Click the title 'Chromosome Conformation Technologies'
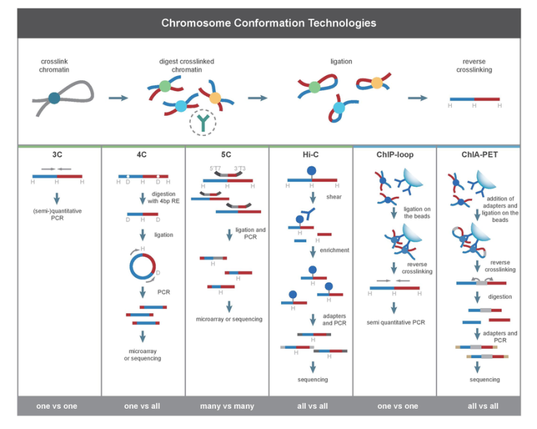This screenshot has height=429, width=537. coord(268,22)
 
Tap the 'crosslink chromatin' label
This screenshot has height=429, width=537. coord(55,66)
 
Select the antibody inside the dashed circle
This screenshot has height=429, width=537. coord(202,123)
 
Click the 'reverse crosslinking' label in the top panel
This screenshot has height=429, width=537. coord(475,66)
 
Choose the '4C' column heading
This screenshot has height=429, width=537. coord(143,155)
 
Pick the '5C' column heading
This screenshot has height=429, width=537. coord(227,155)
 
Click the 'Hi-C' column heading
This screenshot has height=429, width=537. coord(311,155)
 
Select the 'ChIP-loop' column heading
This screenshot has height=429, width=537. coord(395,155)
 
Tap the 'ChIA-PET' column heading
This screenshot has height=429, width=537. coord(478,155)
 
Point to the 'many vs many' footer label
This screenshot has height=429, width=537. coord(227,406)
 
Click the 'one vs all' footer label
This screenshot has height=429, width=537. coord(143,406)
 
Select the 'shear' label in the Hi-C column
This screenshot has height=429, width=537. coord(332,197)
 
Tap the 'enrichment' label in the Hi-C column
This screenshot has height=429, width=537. coord(335,250)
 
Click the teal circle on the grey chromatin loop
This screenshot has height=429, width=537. coord(55,98)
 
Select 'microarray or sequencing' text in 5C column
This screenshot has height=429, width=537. coord(229,319)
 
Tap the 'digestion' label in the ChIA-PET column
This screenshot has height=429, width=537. coord(499,297)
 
